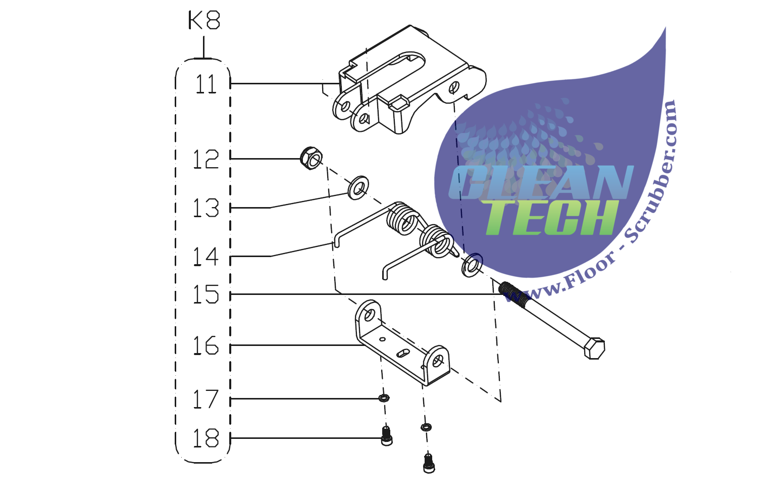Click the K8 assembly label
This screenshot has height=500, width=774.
[204, 21]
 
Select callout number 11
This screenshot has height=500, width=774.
[206, 84]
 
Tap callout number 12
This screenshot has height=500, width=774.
[206, 159]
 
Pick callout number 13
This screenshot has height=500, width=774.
[206, 208]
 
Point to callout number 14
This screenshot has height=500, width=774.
[206, 257]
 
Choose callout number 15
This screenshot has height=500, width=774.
[206, 294]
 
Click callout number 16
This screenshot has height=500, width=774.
[206, 346]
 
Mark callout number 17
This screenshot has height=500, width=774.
[206, 399]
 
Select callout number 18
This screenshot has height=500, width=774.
[206, 438]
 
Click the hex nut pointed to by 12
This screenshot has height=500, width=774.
[311, 158]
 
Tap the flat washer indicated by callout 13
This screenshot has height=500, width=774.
[358, 187]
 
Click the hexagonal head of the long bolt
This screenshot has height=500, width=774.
[594, 348]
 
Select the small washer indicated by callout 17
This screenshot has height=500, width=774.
[384, 398]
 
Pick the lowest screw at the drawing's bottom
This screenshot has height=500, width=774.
[429, 463]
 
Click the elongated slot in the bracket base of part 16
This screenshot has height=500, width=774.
[404, 353]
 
